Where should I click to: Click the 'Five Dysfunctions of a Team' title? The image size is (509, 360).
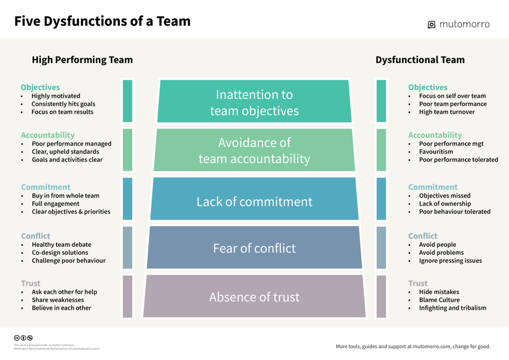pos(102,22)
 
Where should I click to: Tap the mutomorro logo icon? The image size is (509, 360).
pos(432,24)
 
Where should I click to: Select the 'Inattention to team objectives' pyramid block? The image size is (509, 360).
pos(254,102)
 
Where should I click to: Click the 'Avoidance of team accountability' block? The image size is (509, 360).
pos(254,151)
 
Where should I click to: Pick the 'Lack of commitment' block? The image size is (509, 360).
pos(254,201)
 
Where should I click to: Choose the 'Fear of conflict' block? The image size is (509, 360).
pos(254,248)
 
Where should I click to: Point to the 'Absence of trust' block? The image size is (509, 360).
pos(254,297)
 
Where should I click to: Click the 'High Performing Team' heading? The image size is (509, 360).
pos(82,60)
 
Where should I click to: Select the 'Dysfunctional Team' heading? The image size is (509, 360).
pos(420,60)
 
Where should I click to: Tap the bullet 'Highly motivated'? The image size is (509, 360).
pos(55,96)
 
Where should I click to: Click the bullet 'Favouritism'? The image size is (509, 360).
pos(437,152)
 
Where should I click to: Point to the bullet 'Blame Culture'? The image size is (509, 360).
pos(439,300)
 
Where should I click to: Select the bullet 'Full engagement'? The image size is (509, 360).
pos(55,204)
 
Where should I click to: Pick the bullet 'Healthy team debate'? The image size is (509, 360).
pos(61,245)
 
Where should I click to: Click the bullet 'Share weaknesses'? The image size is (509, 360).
pos(57,300)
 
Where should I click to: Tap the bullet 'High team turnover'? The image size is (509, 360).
pos(447,112)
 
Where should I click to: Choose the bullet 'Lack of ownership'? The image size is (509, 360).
pos(445,204)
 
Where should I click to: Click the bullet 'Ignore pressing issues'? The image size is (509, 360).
pos(450,261)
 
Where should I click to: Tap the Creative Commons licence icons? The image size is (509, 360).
pos(23,338)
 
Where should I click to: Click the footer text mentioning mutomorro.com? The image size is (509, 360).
pos(413,346)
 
